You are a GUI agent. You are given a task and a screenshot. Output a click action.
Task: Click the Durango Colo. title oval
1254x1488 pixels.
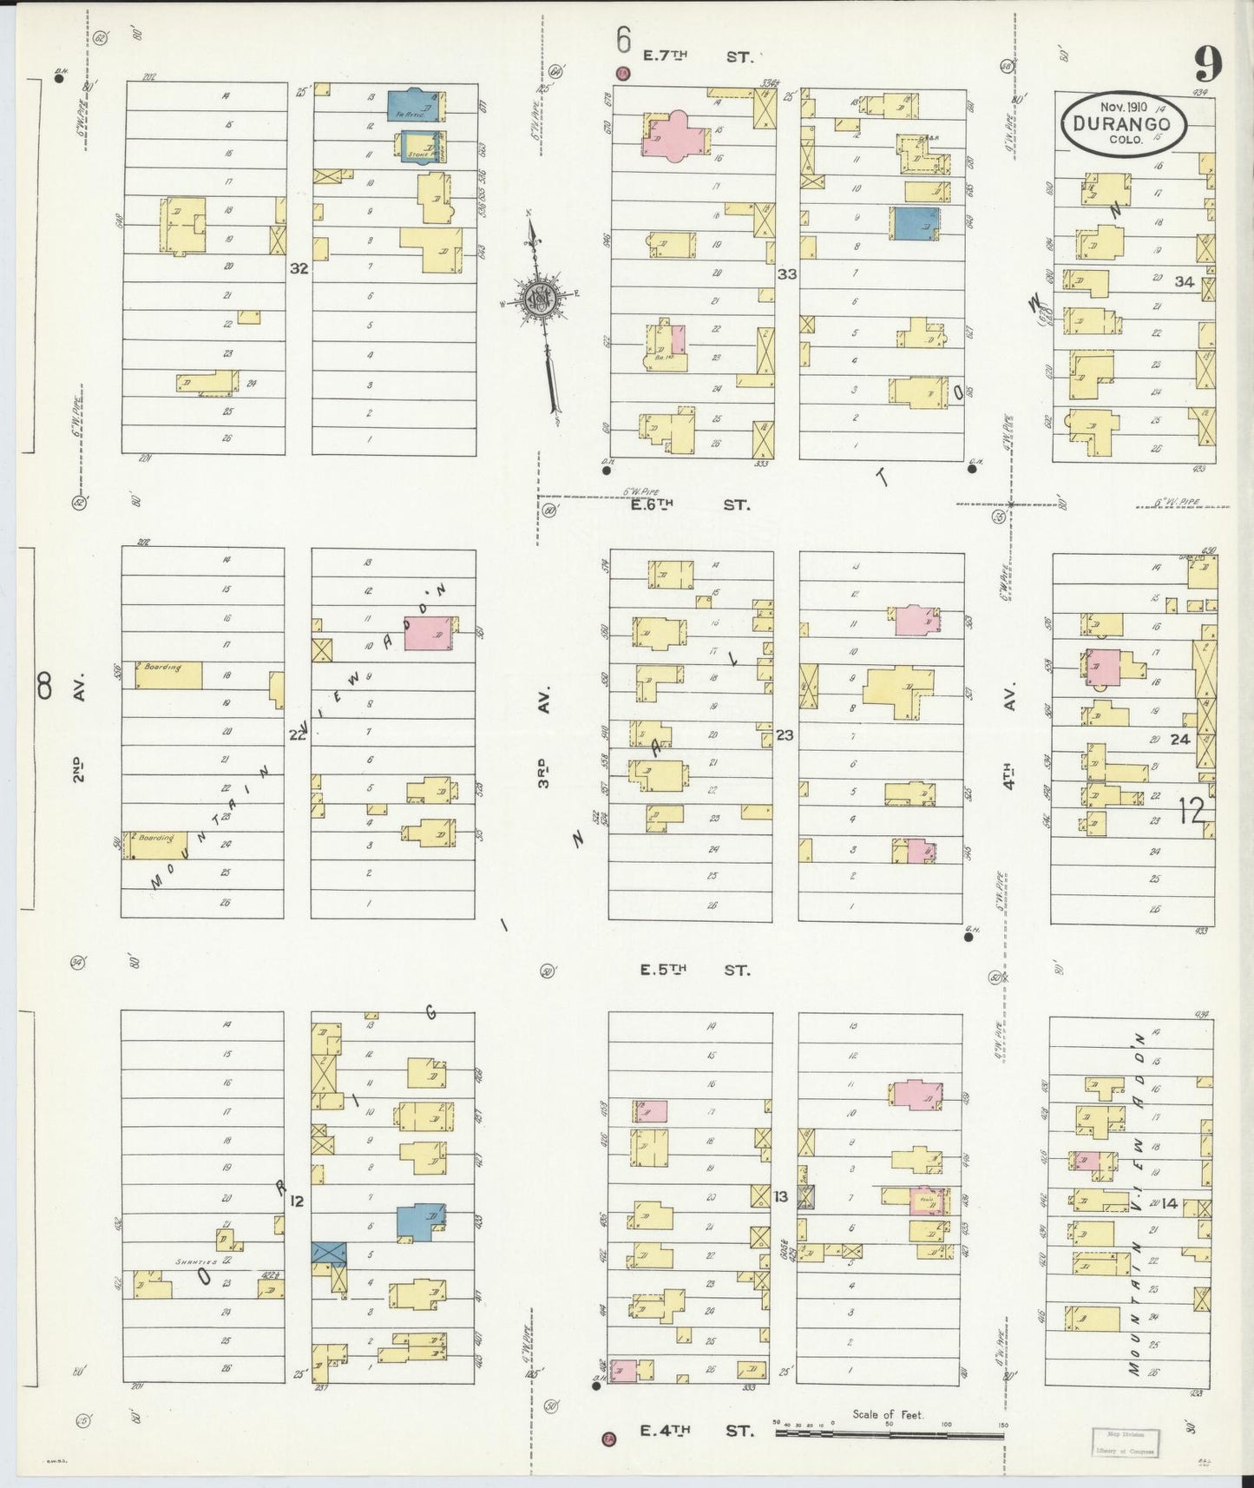(1120, 124)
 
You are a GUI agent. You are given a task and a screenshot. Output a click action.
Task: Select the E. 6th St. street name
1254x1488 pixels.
(696, 504)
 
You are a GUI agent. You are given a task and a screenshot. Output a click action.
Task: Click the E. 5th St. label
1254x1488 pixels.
(695, 970)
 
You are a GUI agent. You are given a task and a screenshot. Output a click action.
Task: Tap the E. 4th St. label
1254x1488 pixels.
(697, 1431)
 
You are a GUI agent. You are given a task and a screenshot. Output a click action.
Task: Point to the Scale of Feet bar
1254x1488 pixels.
(889, 1434)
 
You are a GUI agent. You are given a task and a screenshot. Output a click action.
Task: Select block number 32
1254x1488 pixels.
(299, 268)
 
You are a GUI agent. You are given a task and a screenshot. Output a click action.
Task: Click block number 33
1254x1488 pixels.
(786, 274)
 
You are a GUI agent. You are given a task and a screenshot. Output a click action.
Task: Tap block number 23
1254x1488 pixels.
(785, 735)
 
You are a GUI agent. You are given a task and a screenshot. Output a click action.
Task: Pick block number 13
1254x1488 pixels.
(781, 1196)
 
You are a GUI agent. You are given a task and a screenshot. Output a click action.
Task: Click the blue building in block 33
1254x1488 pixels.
(913, 223)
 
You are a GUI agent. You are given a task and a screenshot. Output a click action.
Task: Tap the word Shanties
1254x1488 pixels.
(194, 1262)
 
